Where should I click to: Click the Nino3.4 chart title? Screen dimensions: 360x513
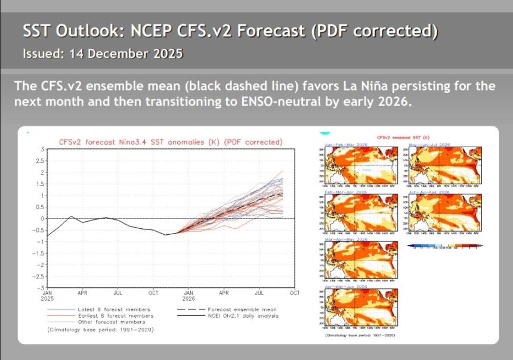tap(170, 142)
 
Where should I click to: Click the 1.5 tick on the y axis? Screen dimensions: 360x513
tap(39, 184)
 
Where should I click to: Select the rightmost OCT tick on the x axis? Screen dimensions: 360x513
tap(295, 293)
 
